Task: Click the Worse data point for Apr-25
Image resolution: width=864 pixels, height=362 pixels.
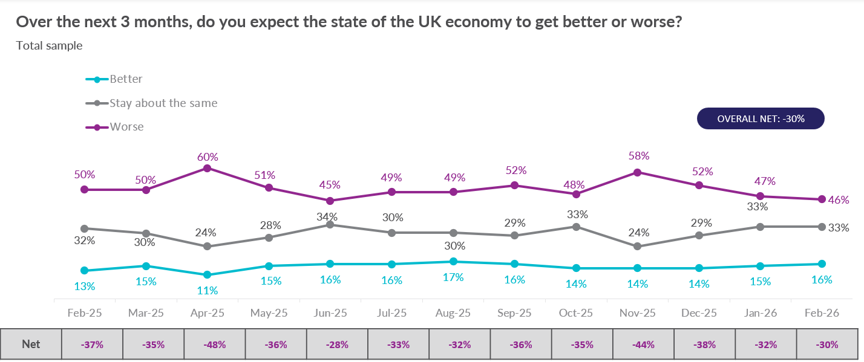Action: [x=208, y=169]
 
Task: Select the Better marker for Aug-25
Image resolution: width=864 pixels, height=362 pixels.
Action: [x=453, y=262]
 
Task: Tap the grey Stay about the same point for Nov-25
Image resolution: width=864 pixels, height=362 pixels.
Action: [x=637, y=247]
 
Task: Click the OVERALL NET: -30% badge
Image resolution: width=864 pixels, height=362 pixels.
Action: [x=761, y=119]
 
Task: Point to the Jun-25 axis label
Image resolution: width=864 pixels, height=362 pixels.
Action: [x=330, y=314]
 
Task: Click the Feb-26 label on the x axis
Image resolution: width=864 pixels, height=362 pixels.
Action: [x=822, y=314]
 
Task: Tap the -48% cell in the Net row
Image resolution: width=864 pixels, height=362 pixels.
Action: [x=215, y=344]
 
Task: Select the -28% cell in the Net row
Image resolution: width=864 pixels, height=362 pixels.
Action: [x=338, y=344]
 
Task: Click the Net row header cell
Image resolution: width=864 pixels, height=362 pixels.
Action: [x=31, y=344]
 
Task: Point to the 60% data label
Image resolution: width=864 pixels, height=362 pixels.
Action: [x=208, y=157]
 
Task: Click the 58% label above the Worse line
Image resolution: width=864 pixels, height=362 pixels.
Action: [x=638, y=156]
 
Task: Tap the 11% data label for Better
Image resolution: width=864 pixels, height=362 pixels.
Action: [x=208, y=290]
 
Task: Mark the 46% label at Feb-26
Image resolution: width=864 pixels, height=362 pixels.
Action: [x=839, y=200]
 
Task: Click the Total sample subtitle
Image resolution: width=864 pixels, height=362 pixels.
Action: [x=49, y=45]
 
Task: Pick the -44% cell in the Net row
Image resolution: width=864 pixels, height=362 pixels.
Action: [x=643, y=344]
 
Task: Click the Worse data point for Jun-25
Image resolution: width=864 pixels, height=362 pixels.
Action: [x=330, y=201]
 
